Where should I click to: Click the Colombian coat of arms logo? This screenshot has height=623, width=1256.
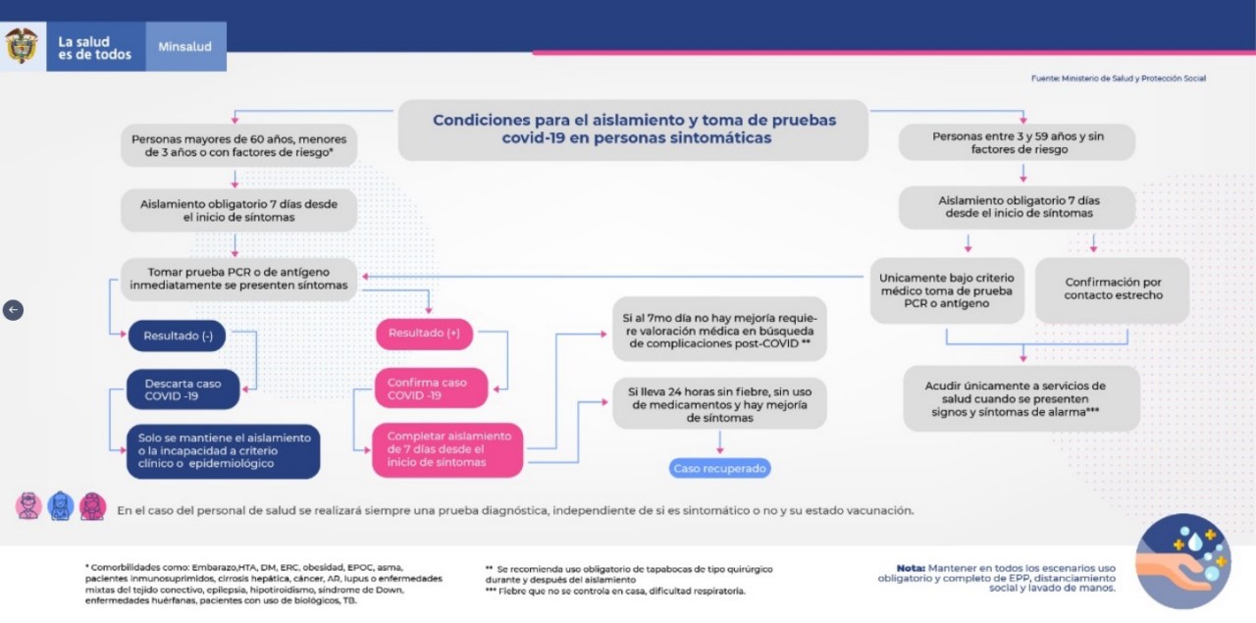coord(22,46)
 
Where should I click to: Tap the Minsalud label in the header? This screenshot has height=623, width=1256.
coord(184,46)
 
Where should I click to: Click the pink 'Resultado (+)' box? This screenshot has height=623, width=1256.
coord(424,334)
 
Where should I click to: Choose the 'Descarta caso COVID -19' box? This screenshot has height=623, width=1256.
coord(183,389)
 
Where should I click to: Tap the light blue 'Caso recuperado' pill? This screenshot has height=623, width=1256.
coord(720,469)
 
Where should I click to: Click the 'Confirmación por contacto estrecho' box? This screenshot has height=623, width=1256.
coord(1113,289)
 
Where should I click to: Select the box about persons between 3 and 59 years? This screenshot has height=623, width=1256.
coord(1018,143)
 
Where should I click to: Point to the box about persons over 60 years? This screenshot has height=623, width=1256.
coord(238,146)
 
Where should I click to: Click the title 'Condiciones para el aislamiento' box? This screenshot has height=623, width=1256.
coord(635,129)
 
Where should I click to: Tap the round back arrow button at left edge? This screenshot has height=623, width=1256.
coord(13,310)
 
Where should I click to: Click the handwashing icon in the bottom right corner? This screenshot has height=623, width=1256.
coord(1181,560)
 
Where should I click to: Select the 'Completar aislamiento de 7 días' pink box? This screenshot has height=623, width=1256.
coord(448,449)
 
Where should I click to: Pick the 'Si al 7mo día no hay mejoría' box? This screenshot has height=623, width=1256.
coord(720,330)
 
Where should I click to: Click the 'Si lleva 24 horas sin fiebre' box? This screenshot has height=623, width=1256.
coord(720,404)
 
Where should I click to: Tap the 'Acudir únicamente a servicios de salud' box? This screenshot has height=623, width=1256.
coord(1021,399)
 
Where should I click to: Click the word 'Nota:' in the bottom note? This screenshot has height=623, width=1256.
coord(912,568)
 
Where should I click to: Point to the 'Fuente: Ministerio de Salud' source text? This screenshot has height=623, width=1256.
coord(1118,78)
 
